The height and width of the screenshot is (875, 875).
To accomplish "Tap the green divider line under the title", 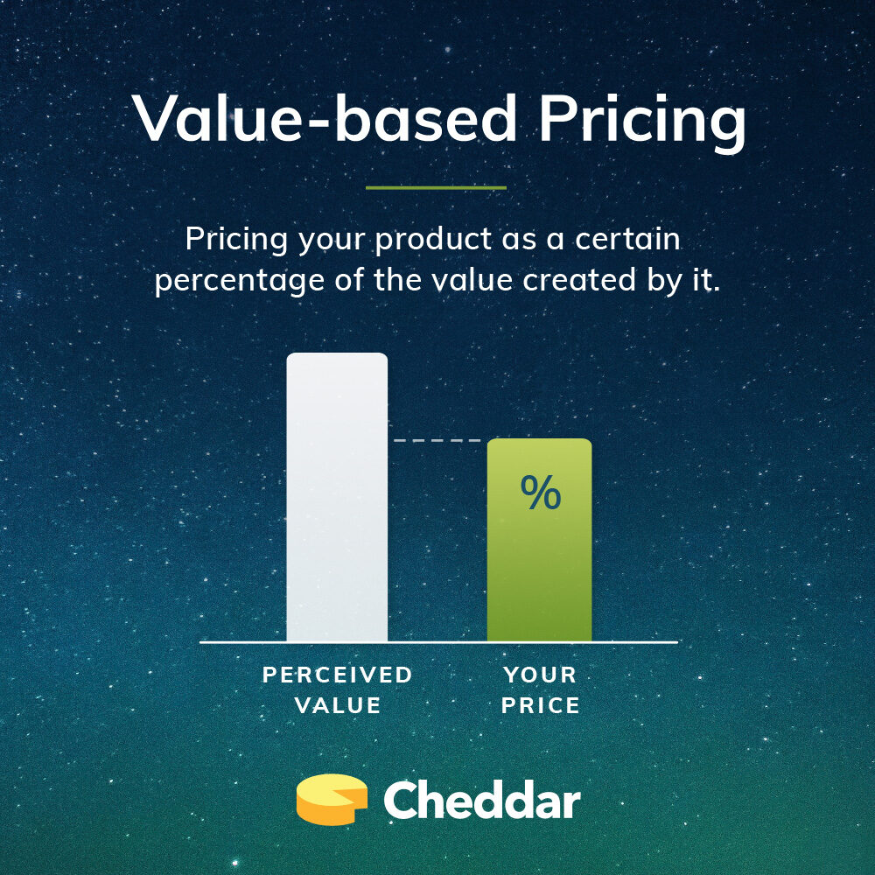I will (436, 187).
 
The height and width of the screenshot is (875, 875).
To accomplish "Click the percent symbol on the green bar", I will (540, 493).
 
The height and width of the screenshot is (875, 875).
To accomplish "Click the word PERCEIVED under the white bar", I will (338, 675).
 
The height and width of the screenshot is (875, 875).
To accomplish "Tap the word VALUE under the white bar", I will (338, 705).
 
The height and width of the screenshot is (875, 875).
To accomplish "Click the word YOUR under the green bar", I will (540, 675).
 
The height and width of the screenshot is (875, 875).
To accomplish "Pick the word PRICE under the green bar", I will (540, 705).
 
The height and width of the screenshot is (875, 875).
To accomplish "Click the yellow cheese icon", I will (332, 799).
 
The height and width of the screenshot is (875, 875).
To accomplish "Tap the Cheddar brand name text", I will (481, 800).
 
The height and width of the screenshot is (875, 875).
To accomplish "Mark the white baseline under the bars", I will (437, 642).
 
